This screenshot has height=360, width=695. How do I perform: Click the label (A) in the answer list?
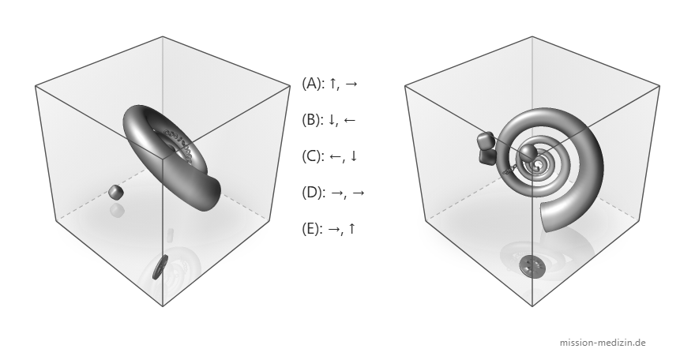point(313,83)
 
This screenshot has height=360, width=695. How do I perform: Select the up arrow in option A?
point(332,83)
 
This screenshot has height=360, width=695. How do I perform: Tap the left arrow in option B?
point(349,120)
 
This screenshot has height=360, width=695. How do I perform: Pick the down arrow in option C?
point(353,156)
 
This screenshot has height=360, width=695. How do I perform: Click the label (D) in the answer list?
point(314,193)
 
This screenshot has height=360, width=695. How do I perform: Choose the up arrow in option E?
point(351,228)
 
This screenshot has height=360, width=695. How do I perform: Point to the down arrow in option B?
point(332,119)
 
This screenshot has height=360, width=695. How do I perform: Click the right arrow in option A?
point(351,84)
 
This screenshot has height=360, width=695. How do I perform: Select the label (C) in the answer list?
point(313,156)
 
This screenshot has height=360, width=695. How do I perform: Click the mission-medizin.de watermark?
point(603,343)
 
